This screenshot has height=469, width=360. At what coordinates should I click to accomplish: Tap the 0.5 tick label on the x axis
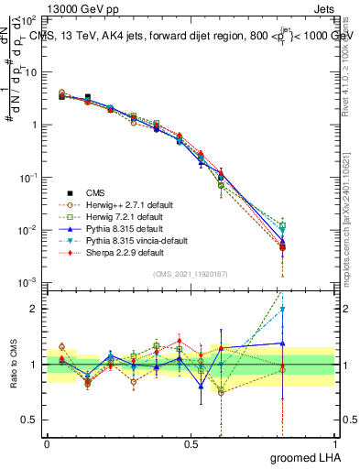(x=191, y=443)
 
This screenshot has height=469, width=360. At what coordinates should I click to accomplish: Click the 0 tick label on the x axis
(x=47, y=443)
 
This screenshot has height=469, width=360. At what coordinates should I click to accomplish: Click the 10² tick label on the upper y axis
(x=28, y=19)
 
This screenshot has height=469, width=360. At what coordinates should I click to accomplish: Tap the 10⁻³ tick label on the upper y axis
(x=28, y=282)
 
